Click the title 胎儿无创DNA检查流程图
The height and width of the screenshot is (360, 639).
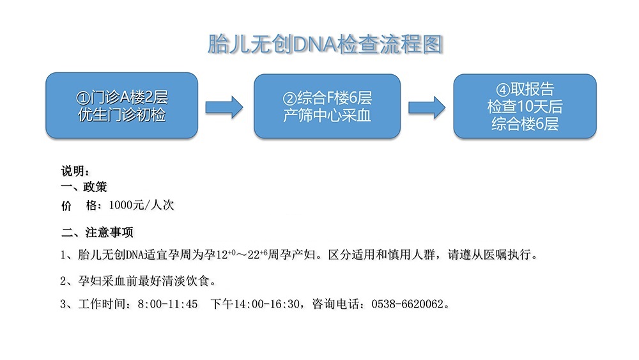(325, 44)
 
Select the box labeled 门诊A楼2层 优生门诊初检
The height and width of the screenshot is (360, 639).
(122, 106)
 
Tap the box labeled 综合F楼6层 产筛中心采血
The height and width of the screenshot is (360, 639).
(327, 106)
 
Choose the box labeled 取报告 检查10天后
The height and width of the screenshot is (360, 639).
(525, 106)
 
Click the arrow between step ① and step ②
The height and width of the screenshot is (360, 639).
(224, 107)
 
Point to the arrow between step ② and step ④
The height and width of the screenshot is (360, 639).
(427, 107)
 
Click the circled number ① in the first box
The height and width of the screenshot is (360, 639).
(82, 98)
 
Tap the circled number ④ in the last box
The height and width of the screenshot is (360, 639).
(503, 90)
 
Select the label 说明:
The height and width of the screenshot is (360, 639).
(75, 171)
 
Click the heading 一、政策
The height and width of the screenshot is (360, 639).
(84, 187)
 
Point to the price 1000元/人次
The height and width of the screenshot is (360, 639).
(141, 205)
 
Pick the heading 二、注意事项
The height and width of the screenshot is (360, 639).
(97, 232)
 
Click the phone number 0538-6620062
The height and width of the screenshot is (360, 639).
(407, 304)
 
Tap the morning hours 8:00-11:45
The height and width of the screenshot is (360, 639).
(167, 304)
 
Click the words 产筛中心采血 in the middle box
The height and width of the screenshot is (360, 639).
(327, 115)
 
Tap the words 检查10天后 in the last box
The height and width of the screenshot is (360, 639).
(525, 106)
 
